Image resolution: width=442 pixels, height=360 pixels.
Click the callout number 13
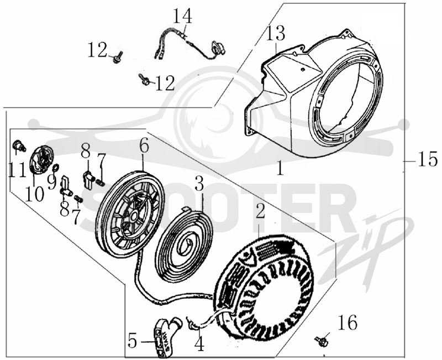pos(275,34)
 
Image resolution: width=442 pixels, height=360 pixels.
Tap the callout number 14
pos(182,16)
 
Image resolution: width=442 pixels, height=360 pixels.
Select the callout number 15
pos(428,159)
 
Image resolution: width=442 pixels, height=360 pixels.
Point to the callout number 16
pos(348,322)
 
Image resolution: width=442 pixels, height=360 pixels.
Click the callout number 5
pos(133,341)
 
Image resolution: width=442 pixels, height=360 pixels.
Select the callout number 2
pos(260,211)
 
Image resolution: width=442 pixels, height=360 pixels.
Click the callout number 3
pos(199,183)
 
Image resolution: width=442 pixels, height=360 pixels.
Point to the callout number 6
pos(144,146)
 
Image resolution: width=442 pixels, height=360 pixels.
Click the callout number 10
pos(34,194)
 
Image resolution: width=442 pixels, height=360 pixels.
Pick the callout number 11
pos(17,170)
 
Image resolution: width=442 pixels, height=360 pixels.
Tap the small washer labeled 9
pos(56,168)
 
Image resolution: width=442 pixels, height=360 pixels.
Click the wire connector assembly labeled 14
pos(188,46)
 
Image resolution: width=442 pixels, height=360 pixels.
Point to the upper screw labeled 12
pos(117,58)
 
